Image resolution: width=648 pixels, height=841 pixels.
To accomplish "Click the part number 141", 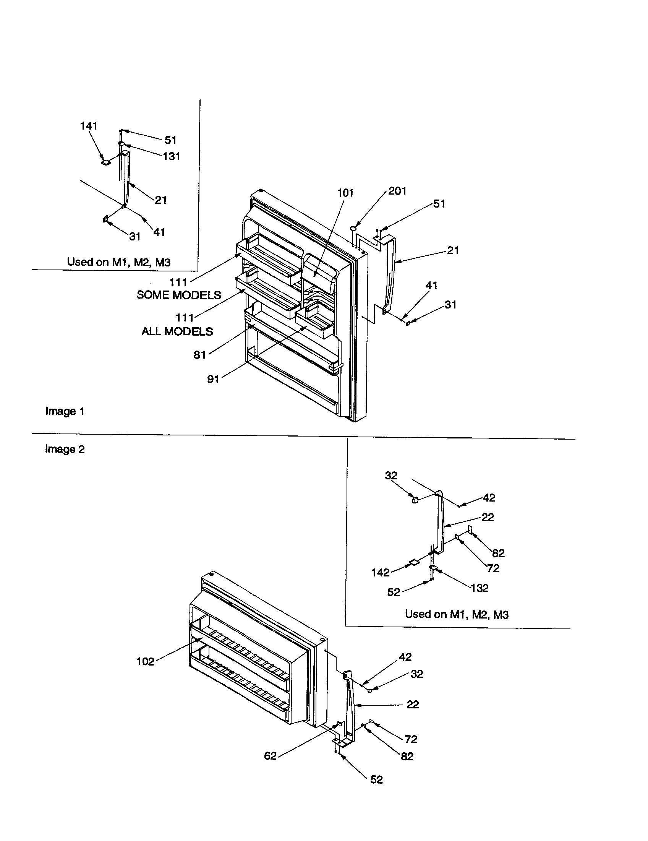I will pos(89,126).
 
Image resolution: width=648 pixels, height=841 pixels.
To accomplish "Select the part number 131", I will pos(171,156).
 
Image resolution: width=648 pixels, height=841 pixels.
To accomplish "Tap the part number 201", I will pos(397,191).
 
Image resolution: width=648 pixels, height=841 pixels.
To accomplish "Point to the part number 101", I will pos(345,193).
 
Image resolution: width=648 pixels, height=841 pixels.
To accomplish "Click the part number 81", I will pos(199,355).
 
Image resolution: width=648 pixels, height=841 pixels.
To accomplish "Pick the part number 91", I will pos(213,379).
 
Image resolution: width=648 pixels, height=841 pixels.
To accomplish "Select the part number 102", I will pos(145,662).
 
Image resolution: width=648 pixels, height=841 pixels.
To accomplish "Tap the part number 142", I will pos(380,573).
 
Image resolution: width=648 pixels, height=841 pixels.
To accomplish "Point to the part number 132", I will pos(480,588).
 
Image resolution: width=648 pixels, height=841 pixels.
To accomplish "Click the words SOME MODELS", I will pos(178,295).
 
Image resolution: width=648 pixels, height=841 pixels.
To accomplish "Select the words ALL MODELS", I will pos(177,331).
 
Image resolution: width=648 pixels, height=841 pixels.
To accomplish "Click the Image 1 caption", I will pos(65,411).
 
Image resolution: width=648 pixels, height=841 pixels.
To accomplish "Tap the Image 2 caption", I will pos(65,449).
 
